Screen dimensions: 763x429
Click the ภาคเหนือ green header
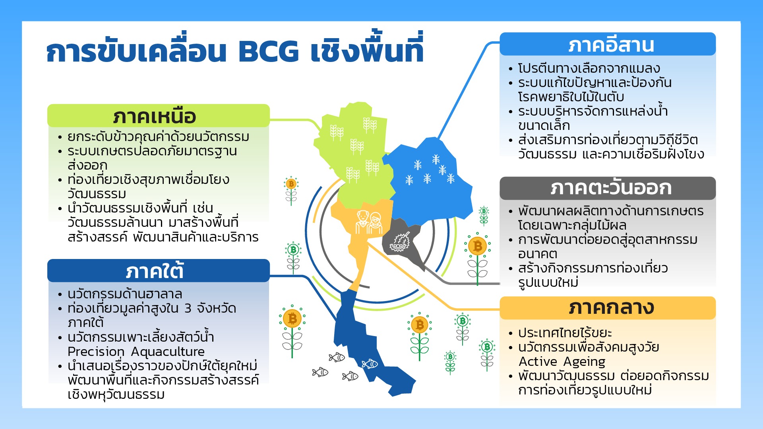[x=158, y=116]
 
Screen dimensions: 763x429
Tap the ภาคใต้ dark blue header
[x=158, y=271]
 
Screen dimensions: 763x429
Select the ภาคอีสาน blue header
[x=608, y=44]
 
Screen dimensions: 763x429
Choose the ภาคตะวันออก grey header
[x=608, y=188]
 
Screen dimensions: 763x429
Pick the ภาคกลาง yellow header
[x=608, y=308]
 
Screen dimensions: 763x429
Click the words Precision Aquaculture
[x=136, y=352]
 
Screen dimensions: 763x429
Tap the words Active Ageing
[x=562, y=361]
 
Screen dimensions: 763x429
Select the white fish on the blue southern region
[x=370, y=363]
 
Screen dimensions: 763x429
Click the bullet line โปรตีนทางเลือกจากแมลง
[x=589, y=68]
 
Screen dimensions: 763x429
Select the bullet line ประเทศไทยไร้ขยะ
[x=565, y=333]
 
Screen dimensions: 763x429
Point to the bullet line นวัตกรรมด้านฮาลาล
[x=125, y=294]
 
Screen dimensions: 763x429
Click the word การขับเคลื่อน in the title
[x=136, y=51]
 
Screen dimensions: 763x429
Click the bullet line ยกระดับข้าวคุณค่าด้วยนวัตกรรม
[x=158, y=137]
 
